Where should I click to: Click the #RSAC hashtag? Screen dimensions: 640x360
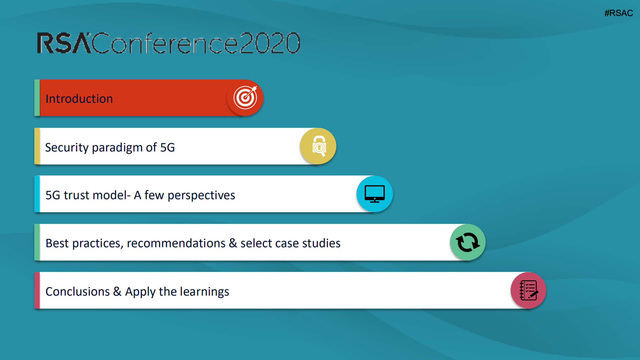[x=618, y=13]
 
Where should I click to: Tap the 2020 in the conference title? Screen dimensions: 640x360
[x=270, y=43]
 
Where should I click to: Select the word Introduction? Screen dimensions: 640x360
[x=79, y=99]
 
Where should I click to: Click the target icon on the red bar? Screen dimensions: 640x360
[x=245, y=97]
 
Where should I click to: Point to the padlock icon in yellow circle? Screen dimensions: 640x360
[x=319, y=146]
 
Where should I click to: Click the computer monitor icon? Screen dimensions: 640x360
[x=375, y=194]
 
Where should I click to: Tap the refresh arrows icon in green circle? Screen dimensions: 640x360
[x=468, y=242]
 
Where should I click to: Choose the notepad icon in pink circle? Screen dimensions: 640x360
[x=529, y=290]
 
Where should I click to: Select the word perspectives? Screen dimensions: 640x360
[x=201, y=196]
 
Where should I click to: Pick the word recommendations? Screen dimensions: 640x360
[x=176, y=243]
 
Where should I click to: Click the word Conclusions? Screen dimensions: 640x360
[x=77, y=292]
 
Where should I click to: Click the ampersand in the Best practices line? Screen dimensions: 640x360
[x=233, y=243]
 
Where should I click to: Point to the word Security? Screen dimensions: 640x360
[x=67, y=148]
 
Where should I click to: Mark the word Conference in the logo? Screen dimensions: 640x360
[x=165, y=43]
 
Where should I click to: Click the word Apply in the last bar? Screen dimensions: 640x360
[x=140, y=292]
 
